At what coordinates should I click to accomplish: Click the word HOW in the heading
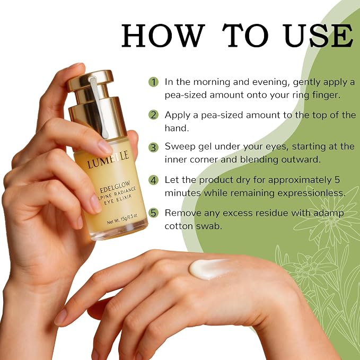click(x=163, y=36)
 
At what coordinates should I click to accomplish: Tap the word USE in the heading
click(x=318, y=36)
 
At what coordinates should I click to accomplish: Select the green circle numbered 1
click(x=153, y=82)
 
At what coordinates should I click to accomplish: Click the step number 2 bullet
click(x=153, y=115)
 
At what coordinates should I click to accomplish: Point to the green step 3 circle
click(x=153, y=147)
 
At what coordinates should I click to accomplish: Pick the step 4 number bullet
click(x=153, y=180)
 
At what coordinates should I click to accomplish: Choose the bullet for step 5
click(x=153, y=213)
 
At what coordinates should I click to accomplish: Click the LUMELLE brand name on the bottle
click(x=108, y=160)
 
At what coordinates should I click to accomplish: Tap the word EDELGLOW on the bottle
click(x=115, y=187)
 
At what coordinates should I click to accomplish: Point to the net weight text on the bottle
click(x=122, y=219)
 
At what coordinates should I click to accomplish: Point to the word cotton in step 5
click(x=179, y=226)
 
